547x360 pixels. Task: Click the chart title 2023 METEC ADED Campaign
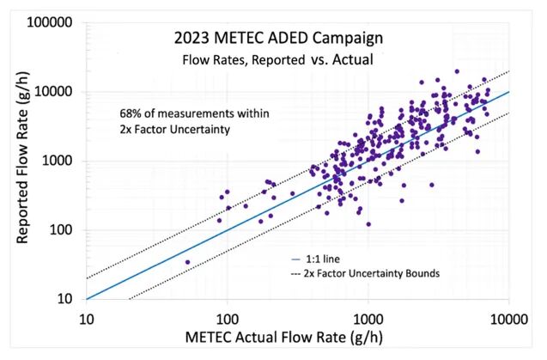pyautogui.click(x=278, y=38)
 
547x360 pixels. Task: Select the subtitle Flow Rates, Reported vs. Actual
pyautogui.click(x=277, y=59)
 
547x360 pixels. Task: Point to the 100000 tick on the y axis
pyautogui.click(x=50, y=22)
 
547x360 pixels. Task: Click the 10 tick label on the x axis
pyautogui.click(x=87, y=319)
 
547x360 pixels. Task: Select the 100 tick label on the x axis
pyautogui.click(x=228, y=319)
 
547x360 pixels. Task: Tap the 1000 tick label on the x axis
pyautogui.click(x=368, y=319)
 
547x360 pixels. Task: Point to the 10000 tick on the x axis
pyautogui.click(x=509, y=319)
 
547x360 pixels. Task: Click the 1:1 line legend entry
pyautogui.click(x=316, y=259)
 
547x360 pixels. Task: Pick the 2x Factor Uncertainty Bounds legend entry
pyautogui.click(x=365, y=273)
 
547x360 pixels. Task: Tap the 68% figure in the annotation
pyautogui.click(x=130, y=113)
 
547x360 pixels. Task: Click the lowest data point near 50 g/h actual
pyautogui.click(x=188, y=262)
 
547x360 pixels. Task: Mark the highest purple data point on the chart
pyautogui.click(x=457, y=71)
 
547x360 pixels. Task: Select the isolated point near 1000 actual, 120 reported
pyautogui.click(x=368, y=224)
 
